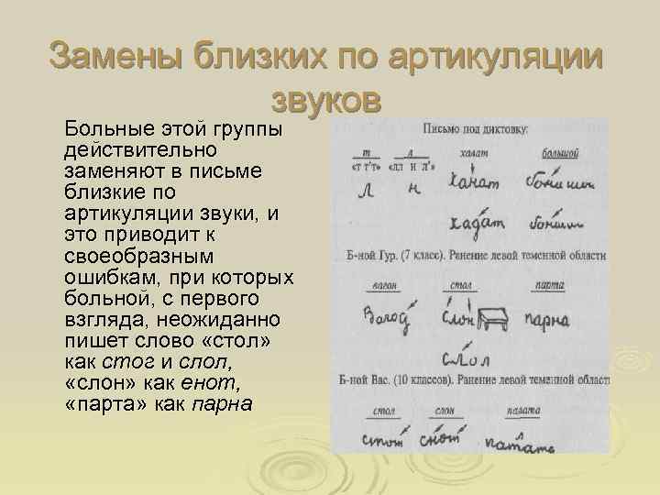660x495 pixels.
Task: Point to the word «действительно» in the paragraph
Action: tap(127, 148)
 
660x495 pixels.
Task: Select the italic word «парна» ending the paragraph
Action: tap(221, 404)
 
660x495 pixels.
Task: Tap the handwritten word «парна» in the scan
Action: tap(547, 319)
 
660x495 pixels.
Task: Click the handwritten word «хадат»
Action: tap(477, 223)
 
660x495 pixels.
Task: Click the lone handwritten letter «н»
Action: tap(413, 187)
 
